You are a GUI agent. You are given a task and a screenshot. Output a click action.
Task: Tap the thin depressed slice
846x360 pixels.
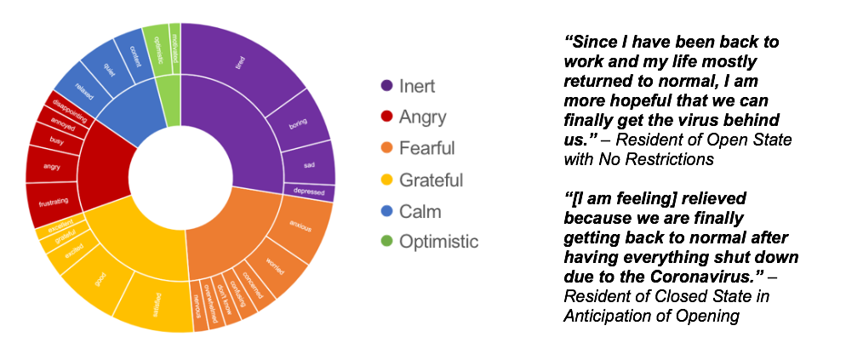click(309, 192)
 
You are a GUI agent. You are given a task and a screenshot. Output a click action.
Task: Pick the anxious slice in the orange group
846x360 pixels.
click(300, 228)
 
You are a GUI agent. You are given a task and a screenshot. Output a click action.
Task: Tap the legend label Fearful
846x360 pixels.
click(426, 148)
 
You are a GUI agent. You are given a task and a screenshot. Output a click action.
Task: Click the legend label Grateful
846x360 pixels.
click(429, 180)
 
